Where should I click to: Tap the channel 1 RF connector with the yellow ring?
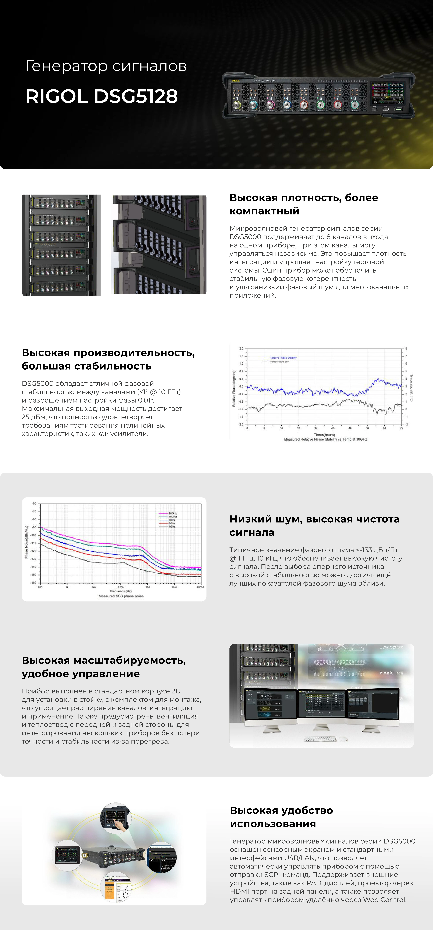(237, 105)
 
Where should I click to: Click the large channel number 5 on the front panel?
(304, 98)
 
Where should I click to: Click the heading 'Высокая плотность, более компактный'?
(304, 204)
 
